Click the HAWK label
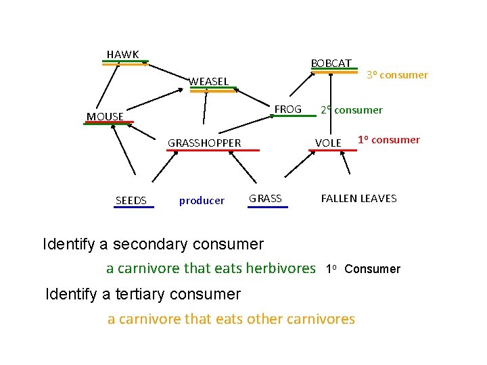point(122,54)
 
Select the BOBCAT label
point(331,64)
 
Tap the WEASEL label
point(208,82)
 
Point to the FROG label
point(287,109)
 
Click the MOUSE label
point(105,116)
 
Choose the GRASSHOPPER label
point(204,143)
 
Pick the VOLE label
point(328,143)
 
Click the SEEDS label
point(131,200)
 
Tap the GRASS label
point(265,198)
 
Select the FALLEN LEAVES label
point(358,198)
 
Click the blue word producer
point(202,200)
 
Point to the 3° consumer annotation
point(397,75)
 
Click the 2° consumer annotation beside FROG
point(351,109)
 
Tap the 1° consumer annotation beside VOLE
point(389,140)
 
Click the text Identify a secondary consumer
point(153,243)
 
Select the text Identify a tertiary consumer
point(142,294)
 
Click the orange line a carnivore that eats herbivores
point(210,268)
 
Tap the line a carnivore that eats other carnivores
point(231,319)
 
